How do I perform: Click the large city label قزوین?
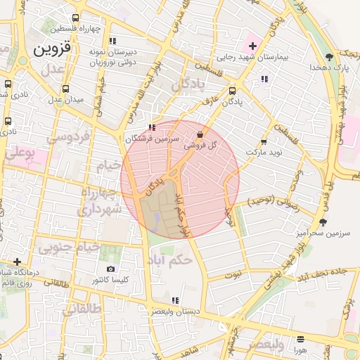pos(51,49)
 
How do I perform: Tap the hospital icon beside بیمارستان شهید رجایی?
pos(252,46)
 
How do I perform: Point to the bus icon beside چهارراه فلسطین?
pos(75,19)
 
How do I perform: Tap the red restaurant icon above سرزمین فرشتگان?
pos(152,128)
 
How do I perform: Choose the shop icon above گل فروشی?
pos(200,134)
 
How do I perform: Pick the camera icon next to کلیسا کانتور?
pos(110,269)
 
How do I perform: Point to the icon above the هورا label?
pos(301,339)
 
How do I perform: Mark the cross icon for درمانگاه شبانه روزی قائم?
pos(17,262)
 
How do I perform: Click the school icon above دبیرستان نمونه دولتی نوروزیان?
pos(112,41)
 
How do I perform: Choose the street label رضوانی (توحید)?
pos(275,202)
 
